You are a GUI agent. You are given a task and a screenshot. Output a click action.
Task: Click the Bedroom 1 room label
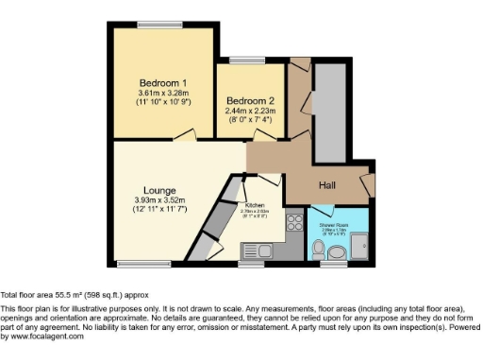tap(156, 82)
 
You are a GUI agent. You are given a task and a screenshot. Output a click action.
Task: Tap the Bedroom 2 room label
tap(250, 100)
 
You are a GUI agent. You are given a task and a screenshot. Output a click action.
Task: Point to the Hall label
tap(327, 185)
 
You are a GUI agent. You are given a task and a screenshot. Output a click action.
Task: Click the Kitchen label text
tap(255, 205)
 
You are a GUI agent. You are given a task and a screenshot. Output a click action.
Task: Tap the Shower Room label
tap(333, 226)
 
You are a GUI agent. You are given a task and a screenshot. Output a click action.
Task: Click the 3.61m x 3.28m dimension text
tap(156, 94)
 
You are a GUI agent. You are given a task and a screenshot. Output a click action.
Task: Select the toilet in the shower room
tap(319, 251)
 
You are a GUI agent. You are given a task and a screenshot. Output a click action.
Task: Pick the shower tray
tap(362, 248)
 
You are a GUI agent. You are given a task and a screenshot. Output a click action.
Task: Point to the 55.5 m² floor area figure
tap(65, 295)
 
